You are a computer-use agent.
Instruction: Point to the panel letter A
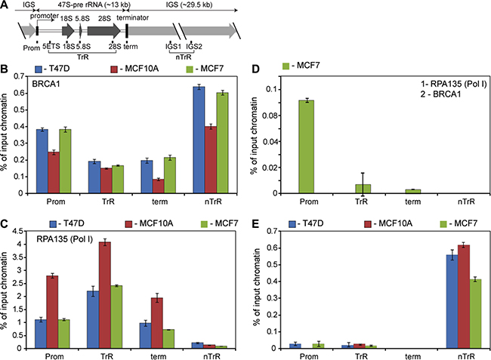[5, 6]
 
